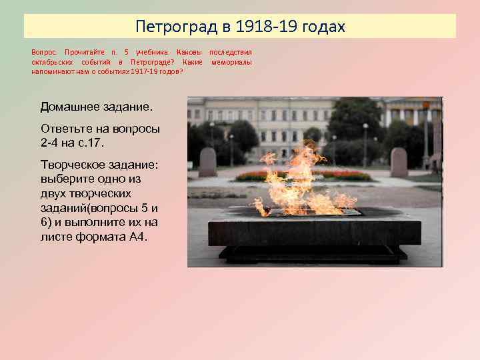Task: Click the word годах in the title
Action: tap(322, 27)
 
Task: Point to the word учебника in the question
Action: tap(153, 52)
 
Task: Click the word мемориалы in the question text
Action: tap(231, 61)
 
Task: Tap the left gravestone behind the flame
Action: tap(207, 162)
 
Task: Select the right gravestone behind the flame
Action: tap(399, 162)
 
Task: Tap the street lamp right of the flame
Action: tap(365, 143)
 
